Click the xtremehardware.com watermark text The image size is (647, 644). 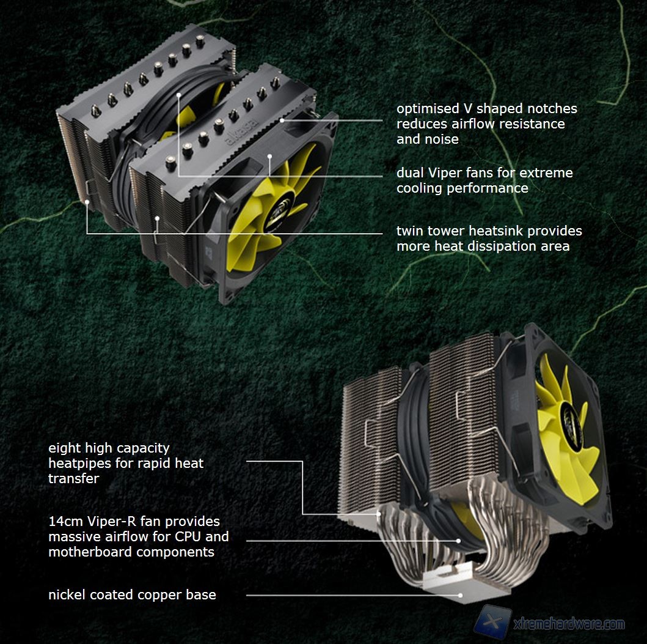[x=569, y=624]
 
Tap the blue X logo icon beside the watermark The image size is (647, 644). [x=492, y=622]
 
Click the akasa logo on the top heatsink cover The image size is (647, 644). [x=242, y=131]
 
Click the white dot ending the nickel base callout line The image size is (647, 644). [x=461, y=595]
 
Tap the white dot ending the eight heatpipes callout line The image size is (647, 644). [x=378, y=514]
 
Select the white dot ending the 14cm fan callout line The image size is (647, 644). [x=458, y=541]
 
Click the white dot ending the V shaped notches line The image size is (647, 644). [x=282, y=120]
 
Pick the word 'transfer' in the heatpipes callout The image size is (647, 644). [x=74, y=479]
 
